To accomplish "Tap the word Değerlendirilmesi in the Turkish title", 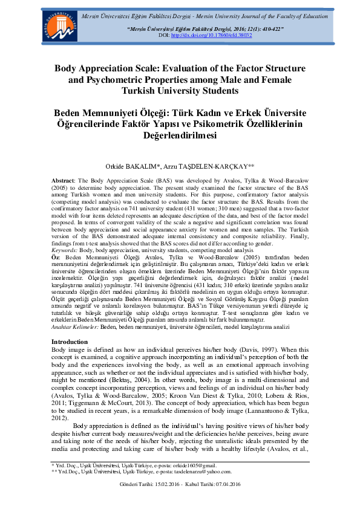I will [180, 135].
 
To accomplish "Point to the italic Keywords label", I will [65, 249].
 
